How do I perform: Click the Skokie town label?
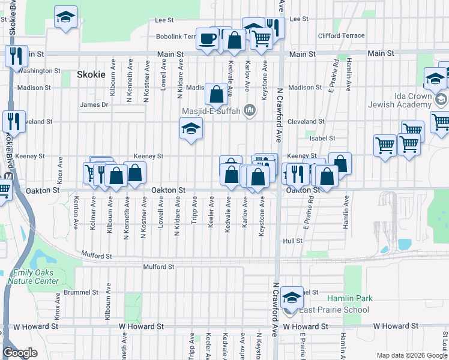(91, 75)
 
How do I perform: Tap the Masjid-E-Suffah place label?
(213, 111)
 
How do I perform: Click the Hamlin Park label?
(349, 298)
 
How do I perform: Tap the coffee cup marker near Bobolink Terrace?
(208, 39)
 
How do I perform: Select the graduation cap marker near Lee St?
(65, 17)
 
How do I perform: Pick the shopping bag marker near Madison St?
(216, 94)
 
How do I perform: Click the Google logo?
(20, 353)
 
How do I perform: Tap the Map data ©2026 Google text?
(412, 355)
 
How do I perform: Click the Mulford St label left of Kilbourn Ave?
(96, 256)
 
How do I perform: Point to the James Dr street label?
(94, 104)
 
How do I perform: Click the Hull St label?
(292, 241)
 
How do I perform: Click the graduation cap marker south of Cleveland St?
(191, 129)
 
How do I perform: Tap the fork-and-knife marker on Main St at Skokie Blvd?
(16, 56)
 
